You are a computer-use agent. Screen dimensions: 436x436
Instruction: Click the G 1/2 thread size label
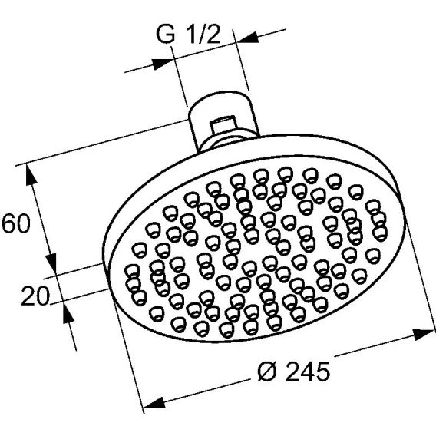click(189, 35)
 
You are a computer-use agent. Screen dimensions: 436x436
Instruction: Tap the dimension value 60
click(16, 223)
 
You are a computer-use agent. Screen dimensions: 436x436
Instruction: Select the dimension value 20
click(35, 296)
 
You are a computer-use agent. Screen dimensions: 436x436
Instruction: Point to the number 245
click(308, 372)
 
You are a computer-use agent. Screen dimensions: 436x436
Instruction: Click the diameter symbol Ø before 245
click(268, 372)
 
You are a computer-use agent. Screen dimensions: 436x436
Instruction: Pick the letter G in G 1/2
click(166, 35)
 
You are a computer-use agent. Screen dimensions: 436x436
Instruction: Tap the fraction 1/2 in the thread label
click(206, 35)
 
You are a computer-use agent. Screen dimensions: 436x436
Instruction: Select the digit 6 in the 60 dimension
click(8, 223)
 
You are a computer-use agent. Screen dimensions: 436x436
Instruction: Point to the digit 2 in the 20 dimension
click(28, 296)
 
